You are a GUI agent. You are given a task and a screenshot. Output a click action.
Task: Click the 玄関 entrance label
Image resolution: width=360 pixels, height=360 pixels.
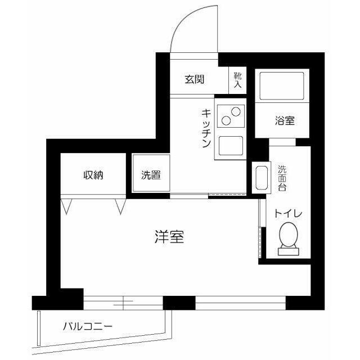pos(194,79)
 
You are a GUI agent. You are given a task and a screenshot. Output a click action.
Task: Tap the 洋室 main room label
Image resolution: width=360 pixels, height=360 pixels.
pos(169,237)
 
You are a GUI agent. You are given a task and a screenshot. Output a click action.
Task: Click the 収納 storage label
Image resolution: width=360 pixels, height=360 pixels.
pos(94,174)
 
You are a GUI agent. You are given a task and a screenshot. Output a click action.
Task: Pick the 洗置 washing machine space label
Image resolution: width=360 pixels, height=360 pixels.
pos(151,175)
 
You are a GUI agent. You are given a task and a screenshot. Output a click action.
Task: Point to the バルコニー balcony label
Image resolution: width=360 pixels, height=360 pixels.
pos(87,326)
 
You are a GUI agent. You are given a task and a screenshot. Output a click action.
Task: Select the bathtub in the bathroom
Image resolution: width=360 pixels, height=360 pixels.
pos(281,85)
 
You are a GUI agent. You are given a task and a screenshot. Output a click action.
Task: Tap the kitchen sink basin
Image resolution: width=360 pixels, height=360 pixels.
pos(231,147)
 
